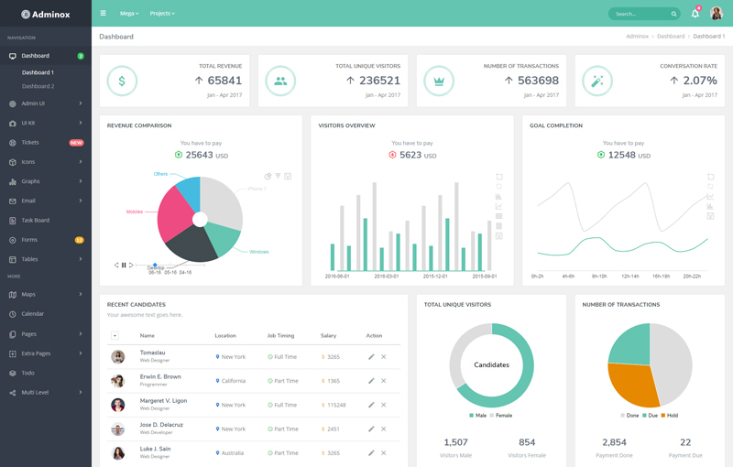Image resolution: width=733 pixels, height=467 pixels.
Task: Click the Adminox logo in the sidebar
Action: click(x=45, y=14)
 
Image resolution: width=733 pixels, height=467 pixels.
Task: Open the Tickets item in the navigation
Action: click(x=30, y=143)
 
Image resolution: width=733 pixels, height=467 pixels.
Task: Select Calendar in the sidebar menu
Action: click(x=33, y=314)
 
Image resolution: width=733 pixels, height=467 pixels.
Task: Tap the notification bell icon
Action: click(x=695, y=14)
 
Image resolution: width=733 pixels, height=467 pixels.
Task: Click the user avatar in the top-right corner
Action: click(x=717, y=14)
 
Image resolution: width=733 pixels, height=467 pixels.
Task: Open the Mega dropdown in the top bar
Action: click(x=129, y=14)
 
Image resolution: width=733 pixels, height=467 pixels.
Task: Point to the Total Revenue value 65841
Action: click(x=224, y=81)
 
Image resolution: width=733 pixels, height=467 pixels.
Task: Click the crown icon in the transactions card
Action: click(x=439, y=81)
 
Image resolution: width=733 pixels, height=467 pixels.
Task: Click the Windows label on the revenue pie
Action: click(x=258, y=252)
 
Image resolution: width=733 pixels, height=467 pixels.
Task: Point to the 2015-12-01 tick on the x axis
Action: click(x=434, y=276)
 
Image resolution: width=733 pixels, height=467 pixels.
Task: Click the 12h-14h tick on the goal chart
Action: click(x=629, y=276)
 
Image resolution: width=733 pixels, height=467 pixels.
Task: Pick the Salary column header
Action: click(x=328, y=336)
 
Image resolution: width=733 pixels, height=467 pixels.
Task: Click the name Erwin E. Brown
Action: click(x=160, y=376)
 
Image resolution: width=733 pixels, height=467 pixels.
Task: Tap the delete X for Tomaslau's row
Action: click(x=384, y=356)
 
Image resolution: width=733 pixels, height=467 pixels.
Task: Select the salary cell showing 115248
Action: click(x=335, y=405)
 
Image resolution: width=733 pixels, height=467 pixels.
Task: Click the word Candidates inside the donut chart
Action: click(x=491, y=364)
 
